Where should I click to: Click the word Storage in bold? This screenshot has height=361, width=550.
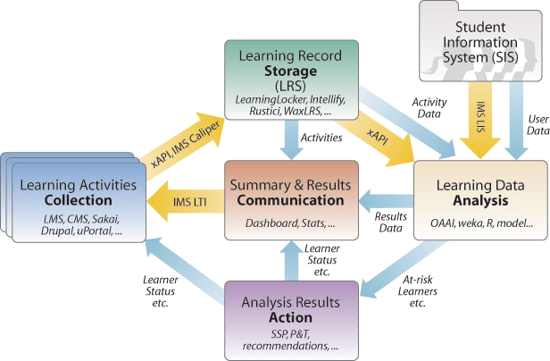click(x=291, y=71)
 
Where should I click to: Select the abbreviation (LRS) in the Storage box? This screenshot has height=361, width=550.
click(x=291, y=87)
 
